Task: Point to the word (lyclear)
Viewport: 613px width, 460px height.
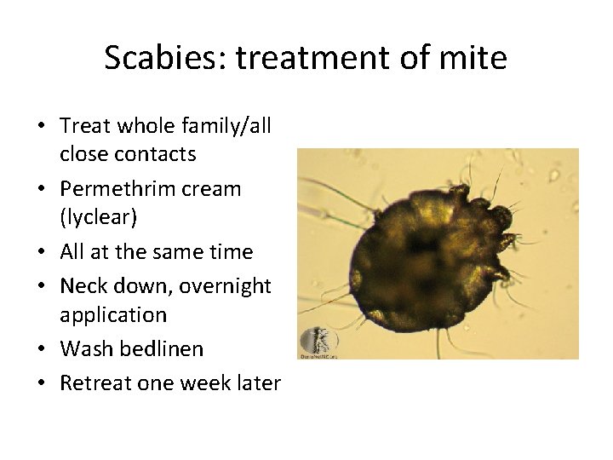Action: [99, 217]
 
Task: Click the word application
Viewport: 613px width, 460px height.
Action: [113, 314]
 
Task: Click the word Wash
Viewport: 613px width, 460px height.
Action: [84, 348]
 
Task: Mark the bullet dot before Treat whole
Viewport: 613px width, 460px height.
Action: [41, 127]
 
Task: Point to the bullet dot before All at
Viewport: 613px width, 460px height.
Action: [41, 253]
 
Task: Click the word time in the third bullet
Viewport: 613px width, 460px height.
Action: [230, 252]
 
